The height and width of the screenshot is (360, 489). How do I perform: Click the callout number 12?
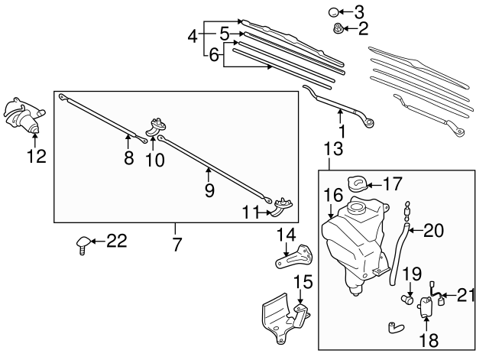pos(36,157)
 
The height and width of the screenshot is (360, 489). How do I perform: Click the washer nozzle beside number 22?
pos(82,244)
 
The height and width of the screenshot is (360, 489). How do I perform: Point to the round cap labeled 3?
pos(335,12)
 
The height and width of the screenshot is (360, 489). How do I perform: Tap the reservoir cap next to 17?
pos(356,184)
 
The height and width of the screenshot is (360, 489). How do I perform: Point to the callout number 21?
pos(465,293)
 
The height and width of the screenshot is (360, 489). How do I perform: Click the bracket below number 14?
pos(290,257)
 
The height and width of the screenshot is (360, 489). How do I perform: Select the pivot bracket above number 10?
pos(158,124)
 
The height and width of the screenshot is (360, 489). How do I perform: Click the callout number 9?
pos(209,191)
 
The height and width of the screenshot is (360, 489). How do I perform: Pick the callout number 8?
pos(128,158)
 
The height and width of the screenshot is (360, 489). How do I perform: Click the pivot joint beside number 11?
pos(283,204)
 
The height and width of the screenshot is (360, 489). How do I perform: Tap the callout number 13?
pos(330,148)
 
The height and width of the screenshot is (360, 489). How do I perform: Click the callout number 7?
pos(176,246)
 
